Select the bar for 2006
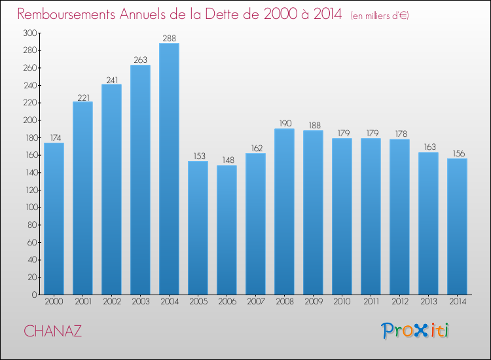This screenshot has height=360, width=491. click(x=227, y=230)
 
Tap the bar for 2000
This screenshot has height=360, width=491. click(x=54, y=219)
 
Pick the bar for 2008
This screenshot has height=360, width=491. click(x=284, y=211)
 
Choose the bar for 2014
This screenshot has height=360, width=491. click(x=457, y=226)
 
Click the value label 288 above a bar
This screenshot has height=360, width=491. click(x=169, y=39)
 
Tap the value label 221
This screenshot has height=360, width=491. click(x=82, y=97)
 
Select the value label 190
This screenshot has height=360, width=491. click(x=284, y=124)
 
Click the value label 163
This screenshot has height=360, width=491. click(x=428, y=147)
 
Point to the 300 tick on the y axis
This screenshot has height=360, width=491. click(x=29, y=33)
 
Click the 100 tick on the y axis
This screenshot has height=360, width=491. click(x=29, y=207)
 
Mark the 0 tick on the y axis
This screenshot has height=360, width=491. click(x=33, y=295)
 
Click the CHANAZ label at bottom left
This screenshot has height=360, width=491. click(x=53, y=331)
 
